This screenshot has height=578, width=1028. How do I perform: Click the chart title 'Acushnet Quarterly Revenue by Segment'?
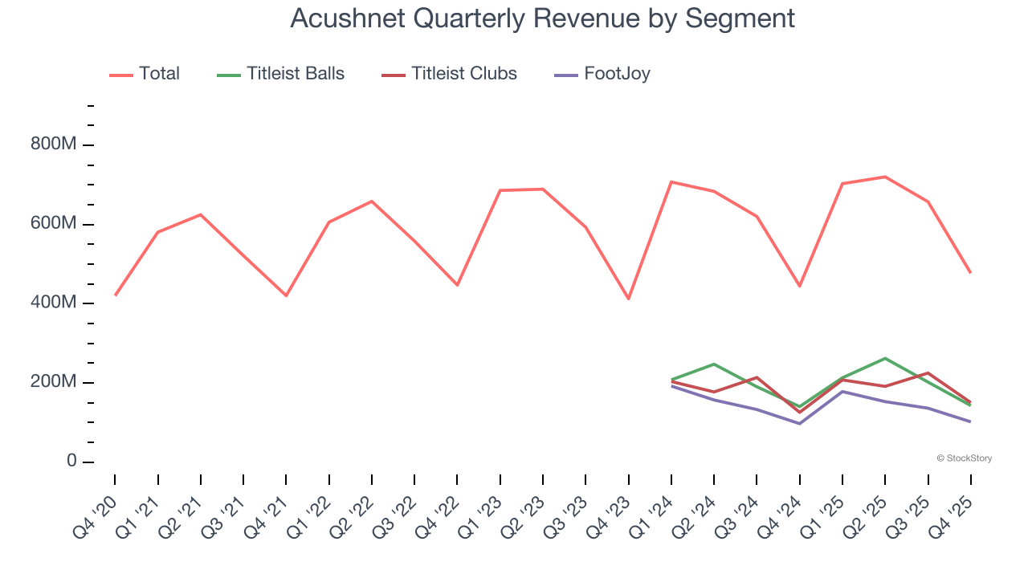(x=542, y=18)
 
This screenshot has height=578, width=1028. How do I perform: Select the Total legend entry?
(x=158, y=74)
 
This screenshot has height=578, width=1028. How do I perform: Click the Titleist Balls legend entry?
(x=295, y=74)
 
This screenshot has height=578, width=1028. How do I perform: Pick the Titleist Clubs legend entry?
(x=463, y=74)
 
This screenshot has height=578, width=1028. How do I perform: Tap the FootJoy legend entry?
(x=616, y=74)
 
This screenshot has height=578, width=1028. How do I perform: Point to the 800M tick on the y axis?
(x=54, y=144)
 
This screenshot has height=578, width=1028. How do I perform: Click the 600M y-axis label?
(x=54, y=224)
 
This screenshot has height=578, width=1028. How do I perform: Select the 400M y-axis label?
(x=54, y=303)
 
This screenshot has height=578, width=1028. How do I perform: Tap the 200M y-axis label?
(x=54, y=382)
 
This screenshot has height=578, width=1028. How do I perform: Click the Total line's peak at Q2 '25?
(x=885, y=177)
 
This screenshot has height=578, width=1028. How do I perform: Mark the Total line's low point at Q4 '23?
(x=628, y=299)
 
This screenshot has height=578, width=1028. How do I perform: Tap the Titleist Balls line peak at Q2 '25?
(x=885, y=358)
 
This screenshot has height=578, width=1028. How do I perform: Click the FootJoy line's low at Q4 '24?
(x=799, y=423)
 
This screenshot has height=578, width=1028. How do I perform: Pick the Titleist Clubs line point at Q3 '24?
(x=757, y=377)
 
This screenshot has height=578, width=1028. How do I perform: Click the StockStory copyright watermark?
(x=964, y=458)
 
